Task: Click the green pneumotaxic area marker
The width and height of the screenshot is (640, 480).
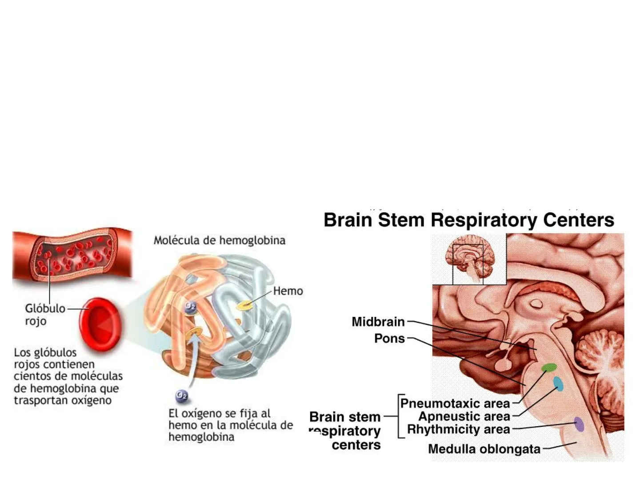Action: [549, 368]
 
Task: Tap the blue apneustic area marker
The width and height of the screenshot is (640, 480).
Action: [558, 384]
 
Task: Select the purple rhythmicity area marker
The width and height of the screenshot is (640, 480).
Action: [579, 424]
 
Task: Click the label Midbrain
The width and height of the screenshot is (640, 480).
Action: [378, 321]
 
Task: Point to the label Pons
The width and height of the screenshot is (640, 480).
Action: [389, 338]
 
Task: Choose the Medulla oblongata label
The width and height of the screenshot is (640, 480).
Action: [484, 449]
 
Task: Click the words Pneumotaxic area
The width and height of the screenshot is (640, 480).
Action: [455, 404]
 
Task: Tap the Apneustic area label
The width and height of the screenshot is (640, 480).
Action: [464, 416]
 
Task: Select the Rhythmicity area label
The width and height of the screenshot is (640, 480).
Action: [458, 429]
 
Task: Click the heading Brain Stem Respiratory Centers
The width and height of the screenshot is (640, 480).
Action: [469, 220]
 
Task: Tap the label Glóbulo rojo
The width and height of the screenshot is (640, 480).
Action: [44, 314]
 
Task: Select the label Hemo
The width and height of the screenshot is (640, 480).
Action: [288, 291]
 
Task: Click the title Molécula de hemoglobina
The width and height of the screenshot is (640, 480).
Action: [220, 240]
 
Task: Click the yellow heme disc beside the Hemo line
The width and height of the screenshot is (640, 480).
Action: [244, 305]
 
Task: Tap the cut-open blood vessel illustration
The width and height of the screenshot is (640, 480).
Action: [72, 256]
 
